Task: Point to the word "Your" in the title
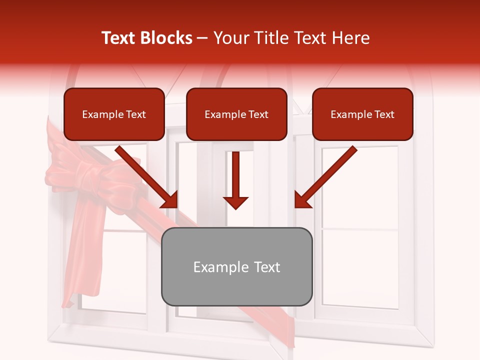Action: [231, 38]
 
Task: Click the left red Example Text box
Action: [114, 114]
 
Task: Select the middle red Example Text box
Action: [236, 114]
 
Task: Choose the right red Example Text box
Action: [362, 114]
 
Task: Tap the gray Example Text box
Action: [236, 266]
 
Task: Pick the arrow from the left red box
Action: [147, 177]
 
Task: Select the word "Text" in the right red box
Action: [384, 114]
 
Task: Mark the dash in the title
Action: [202, 38]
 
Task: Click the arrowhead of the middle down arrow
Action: [235, 202]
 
